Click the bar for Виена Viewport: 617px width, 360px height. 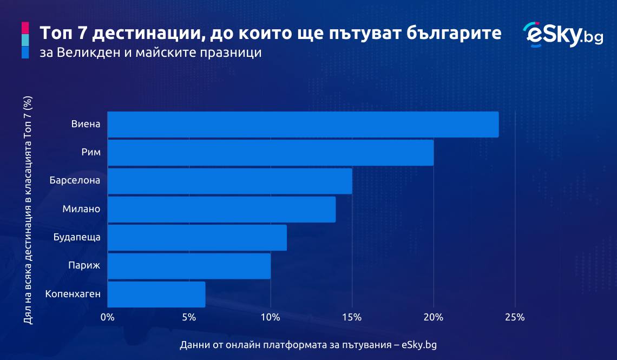click(x=303, y=125)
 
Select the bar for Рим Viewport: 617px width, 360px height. click(x=270, y=153)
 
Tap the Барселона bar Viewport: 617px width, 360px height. click(x=230, y=181)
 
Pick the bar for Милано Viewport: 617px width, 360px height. click(x=221, y=210)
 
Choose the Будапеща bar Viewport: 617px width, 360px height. click(x=197, y=238)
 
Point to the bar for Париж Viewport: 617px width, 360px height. click(x=189, y=266)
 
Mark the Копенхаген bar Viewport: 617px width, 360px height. click(x=156, y=294)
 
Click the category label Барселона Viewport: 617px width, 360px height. click(x=75, y=181)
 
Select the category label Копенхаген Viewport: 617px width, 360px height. click(x=73, y=294)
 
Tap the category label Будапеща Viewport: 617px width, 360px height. click(x=77, y=238)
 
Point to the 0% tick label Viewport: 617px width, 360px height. click(x=107, y=317)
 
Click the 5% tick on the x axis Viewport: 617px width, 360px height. click(x=189, y=317)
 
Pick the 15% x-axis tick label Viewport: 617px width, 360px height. click(x=352, y=317)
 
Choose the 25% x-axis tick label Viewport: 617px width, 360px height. click(x=515, y=317)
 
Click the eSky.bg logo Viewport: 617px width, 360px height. click(x=563, y=35)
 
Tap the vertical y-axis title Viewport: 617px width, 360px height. click(x=28, y=210)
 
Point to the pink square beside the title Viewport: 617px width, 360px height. click(x=25, y=28)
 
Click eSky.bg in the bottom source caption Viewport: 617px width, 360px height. click(x=419, y=345)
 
